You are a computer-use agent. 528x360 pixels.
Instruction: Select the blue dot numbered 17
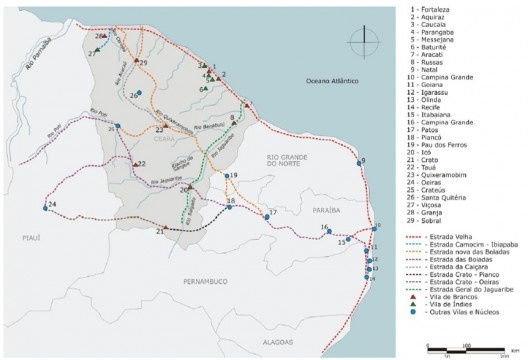pos(264,213)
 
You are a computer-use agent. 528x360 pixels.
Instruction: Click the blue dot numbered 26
pos(141,94)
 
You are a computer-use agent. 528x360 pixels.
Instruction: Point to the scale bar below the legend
pos(460,347)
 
